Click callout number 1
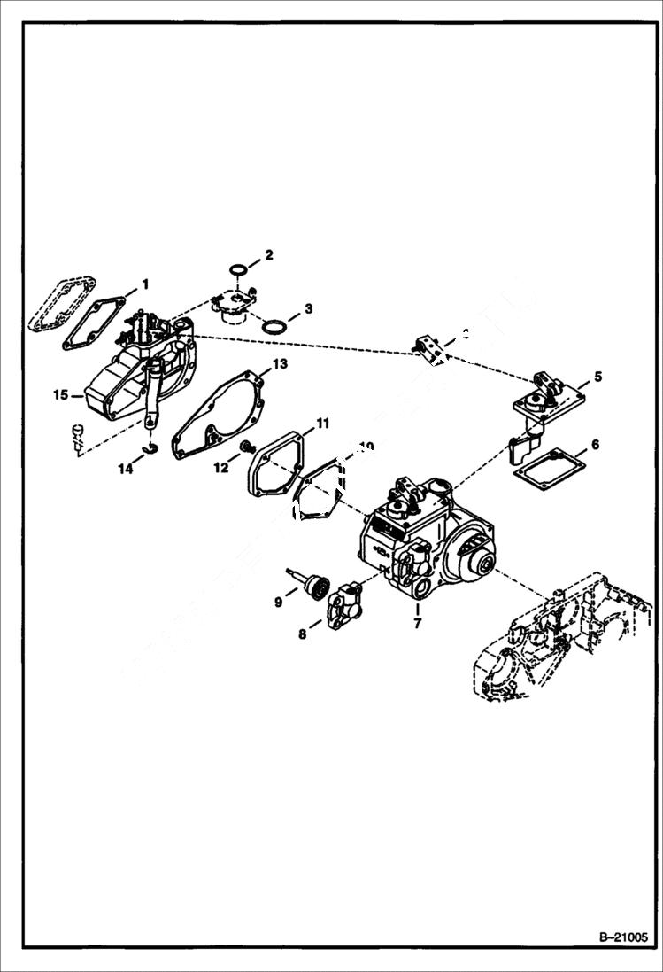[x=146, y=284]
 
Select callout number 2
[x=270, y=254]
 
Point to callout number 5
[x=597, y=377]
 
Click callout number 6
[x=596, y=444]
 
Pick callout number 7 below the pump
[x=417, y=622]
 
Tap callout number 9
[x=278, y=602]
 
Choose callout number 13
[x=280, y=363]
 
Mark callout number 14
[x=127, y=469]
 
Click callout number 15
[x=60, y=394]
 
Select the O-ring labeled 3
[x=275, y=326]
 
